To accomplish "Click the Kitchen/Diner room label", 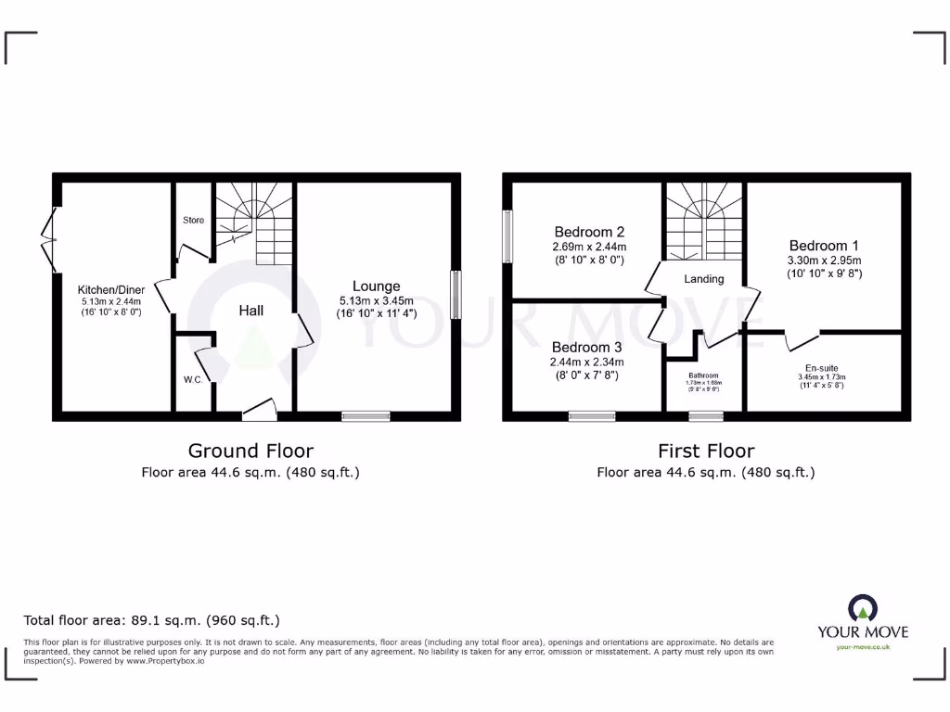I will (x=111, y=288).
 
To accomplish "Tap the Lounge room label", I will (x=376, y=286).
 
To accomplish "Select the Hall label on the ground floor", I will (x=250, y=310).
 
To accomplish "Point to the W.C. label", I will (x=193, y=379).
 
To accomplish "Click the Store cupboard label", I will (x=193, y=220).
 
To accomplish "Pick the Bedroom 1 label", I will (x=824, y=246).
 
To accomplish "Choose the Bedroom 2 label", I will (x=589, y=232).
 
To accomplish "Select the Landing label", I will (x=704, y=278).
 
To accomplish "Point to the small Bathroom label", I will (x=703, y=376).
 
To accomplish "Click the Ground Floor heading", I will (x=250, y=451).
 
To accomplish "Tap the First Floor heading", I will (x=706, y=451).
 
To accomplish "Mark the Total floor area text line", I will (x=151, y=620).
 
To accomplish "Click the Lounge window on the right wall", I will (x=456, y=296).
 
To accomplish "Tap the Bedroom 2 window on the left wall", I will (x=507, y=235).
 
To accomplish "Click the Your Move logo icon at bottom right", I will (x=862, y=609).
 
